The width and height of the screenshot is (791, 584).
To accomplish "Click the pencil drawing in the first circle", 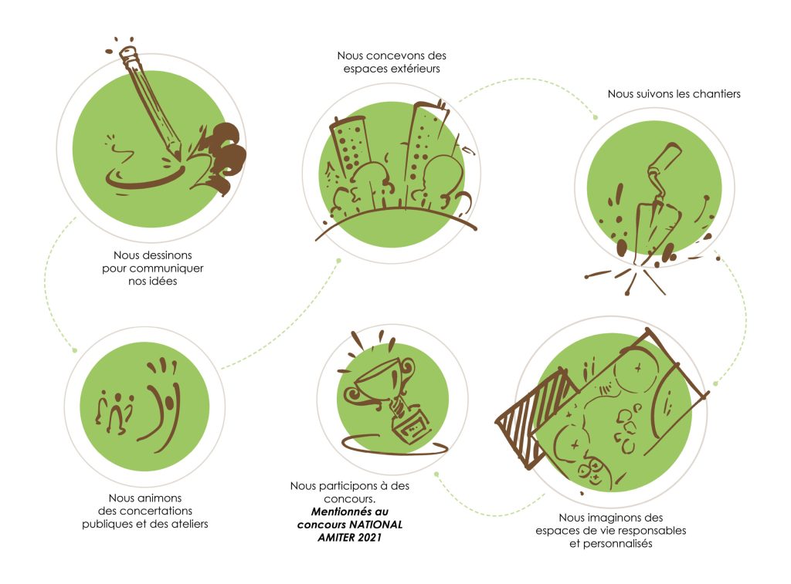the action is [x=151, y=103].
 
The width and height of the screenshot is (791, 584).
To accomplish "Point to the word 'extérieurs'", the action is [x=416, y=69].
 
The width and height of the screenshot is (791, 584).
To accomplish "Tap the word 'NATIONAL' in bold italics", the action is [x=376, y=525].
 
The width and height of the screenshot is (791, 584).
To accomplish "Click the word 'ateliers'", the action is [x=189, y=524].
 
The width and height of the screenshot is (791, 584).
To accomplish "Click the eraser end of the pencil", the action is [x=129, y=53].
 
